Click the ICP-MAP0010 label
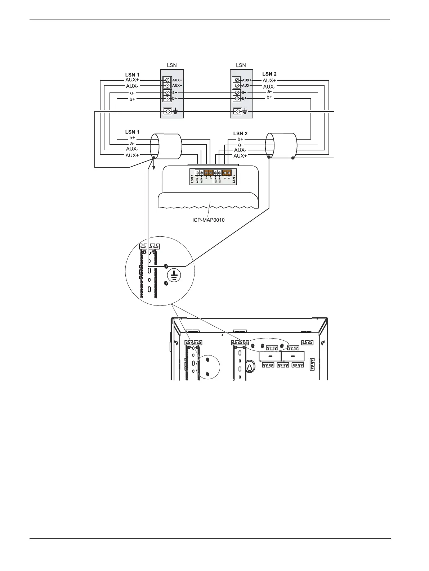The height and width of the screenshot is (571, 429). point(209,220)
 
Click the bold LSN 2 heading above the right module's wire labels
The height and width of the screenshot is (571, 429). point(269,74)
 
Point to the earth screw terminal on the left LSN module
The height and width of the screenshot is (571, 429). point(167,112)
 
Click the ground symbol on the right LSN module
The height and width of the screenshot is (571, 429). point(245,112)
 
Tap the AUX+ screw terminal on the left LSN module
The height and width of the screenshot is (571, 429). point(167,80)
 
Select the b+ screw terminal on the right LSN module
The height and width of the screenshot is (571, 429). point(237,98)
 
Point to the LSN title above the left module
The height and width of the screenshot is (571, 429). point(172,65)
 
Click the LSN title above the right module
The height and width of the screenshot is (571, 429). point(241,65)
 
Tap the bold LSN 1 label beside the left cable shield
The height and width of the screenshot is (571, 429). point(132,132)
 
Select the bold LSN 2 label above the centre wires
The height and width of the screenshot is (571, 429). point(240,133)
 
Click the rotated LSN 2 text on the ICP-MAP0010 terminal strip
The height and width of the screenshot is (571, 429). point(234,179)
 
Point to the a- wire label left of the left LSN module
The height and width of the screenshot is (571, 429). point(132,93)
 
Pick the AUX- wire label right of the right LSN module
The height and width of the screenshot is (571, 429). point(269,87)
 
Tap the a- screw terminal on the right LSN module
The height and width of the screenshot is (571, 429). point(237,92)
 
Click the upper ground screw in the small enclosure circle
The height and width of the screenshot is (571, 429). point(207,359)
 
